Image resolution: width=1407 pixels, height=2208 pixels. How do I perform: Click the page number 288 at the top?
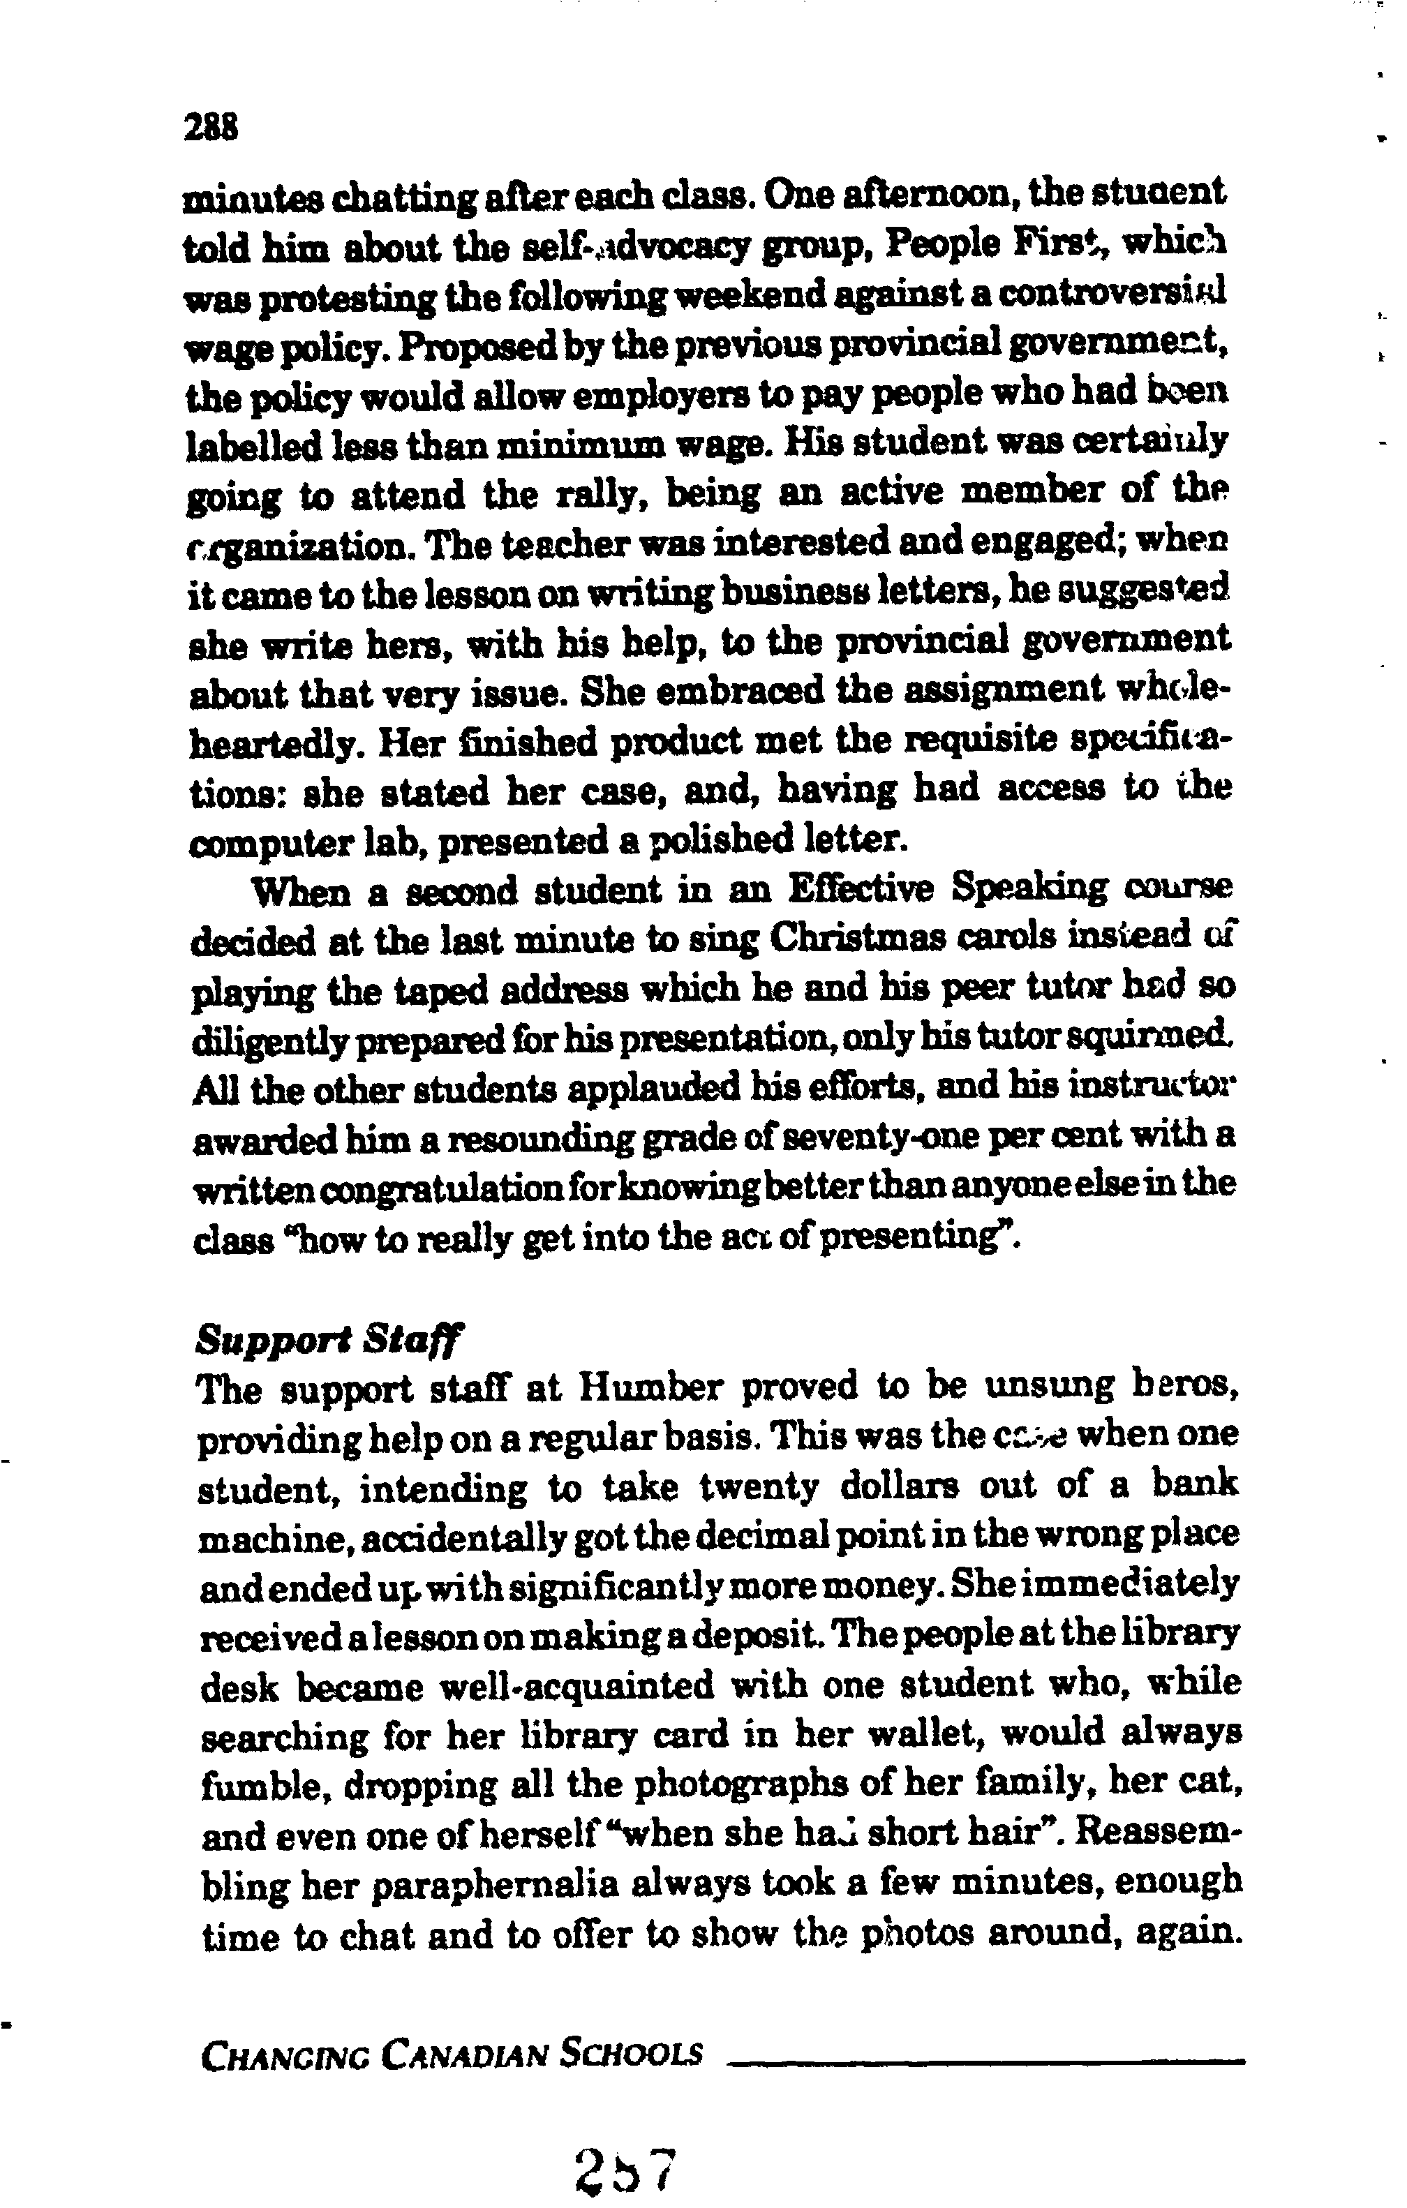[x=211, y=126]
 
